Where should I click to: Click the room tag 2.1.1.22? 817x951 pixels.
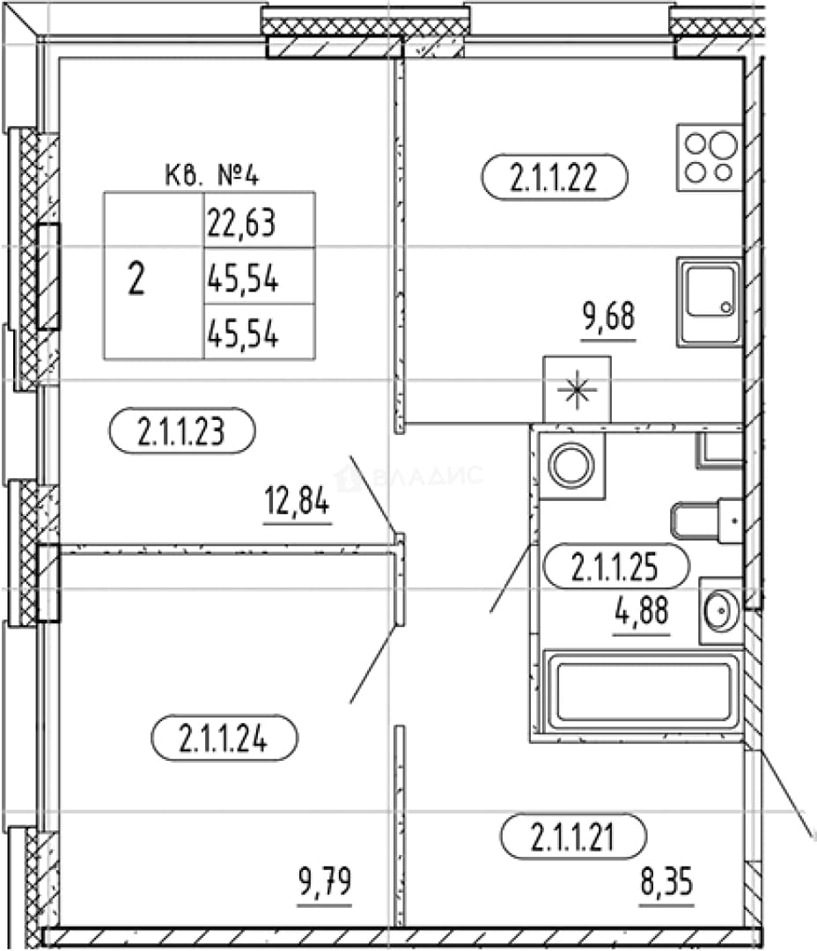click(x=555, y=177)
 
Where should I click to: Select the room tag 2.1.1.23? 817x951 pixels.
click(x=182, y=431)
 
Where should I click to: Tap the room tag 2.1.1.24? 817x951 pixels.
click(x=224, y=738)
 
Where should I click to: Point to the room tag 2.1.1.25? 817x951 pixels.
click(x=616, y=566)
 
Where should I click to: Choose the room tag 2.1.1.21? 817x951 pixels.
click(x=573, y=837)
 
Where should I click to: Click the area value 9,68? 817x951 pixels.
click(x=609, y=317)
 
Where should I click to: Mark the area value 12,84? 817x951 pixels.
click(x=298, y=502)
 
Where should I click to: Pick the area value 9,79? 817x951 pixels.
click(x=325, y=881)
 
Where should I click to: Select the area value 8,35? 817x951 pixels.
click(x=666, y=881)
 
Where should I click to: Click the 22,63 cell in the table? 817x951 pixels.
click(x=242, y=223)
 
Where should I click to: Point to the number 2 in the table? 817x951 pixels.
click(x=136, y=279)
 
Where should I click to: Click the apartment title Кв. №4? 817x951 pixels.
click(x=211, y=174)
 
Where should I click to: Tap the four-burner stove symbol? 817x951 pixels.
click(x=710, y=158)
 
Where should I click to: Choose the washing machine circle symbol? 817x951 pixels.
click(x=571, y=465)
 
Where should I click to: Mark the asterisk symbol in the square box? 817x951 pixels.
click(x=577, y=389)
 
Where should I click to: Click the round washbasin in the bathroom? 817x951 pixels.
click(x=721, y=611)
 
